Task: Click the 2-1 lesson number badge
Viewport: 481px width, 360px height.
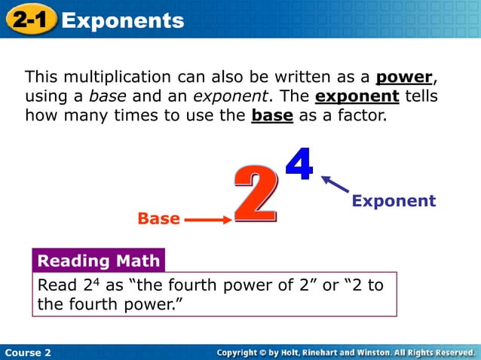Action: tap(31, 20)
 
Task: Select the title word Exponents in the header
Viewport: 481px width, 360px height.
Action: tap(123, 20)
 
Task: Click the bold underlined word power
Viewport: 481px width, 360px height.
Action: tap(405, 78)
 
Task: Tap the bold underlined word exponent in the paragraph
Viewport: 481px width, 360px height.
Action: tap(357, 97)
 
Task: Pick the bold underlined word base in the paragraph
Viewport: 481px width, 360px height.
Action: tap(271, 117)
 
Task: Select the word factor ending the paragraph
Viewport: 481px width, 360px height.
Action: tap(361, 117)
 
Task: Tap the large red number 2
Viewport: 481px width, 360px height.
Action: tap(254, 194)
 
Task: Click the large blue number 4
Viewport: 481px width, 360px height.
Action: tap(299, 165)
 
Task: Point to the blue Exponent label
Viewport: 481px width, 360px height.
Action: tap(394, 201)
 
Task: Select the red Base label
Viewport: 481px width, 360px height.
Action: tap(158, 219)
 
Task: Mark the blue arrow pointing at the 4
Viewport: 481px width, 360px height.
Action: tap(335, 185)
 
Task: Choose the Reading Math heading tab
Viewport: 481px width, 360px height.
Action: tap(98, 261)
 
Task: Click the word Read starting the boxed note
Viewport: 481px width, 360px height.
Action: tap(57, 285)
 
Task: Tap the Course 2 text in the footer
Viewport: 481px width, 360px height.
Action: tap(28, 352)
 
